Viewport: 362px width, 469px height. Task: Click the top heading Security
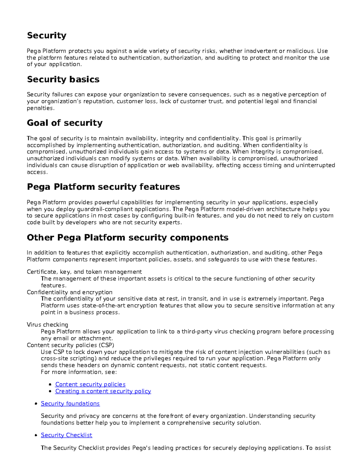coord(46,36)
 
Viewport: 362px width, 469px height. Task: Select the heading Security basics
coord(63,79)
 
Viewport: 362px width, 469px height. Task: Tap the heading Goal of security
coord(65,123)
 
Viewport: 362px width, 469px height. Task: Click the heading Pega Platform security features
coord(103,187)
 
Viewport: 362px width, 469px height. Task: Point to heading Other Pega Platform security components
coord(127,238)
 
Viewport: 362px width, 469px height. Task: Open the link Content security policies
coord(90,384)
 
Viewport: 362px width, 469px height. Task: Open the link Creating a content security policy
coord(103,391)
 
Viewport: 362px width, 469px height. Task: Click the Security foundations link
coord(70,404)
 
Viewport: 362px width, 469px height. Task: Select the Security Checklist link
coord(66,435)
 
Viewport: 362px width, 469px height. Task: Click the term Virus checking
coord(47,325)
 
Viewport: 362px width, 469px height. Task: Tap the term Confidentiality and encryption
coord(69,292)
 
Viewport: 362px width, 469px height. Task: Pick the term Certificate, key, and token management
coord(84,272)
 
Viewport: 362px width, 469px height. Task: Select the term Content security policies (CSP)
coord(70,345)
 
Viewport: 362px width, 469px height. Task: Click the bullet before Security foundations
coord(36,404)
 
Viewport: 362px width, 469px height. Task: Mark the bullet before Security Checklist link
coord(36,435)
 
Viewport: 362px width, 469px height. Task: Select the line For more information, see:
coord(78,372)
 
